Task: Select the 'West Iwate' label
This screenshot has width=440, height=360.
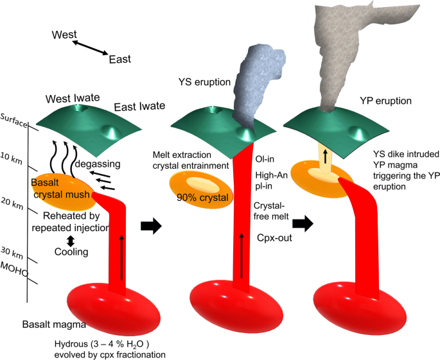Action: coord(72,98)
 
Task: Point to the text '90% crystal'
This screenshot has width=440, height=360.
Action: coord(203,198)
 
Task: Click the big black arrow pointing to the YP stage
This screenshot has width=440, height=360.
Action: coord(302,225)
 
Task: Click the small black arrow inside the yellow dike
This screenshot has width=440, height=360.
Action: coord(326,156)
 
